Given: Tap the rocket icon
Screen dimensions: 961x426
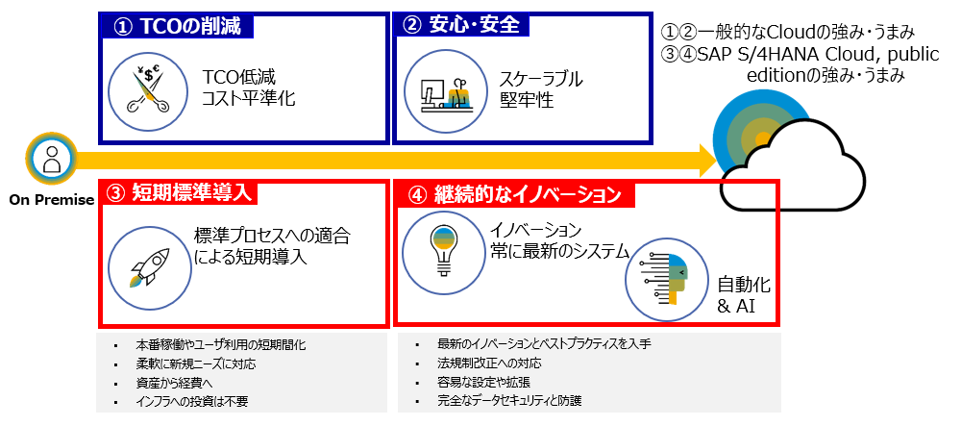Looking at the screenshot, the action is (147, 269).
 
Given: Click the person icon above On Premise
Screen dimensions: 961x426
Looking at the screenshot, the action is (52, 160).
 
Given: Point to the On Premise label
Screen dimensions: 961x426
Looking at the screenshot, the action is (52, 200).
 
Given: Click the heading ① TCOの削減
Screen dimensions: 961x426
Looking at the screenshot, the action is (179, 26).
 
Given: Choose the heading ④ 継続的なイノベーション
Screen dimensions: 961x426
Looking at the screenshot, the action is (515, 195).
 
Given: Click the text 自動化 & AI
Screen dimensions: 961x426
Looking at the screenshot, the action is (744, 295).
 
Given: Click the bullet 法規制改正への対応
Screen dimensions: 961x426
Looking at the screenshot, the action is (490, 363).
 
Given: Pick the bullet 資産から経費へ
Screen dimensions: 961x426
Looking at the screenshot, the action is (175, 383).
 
